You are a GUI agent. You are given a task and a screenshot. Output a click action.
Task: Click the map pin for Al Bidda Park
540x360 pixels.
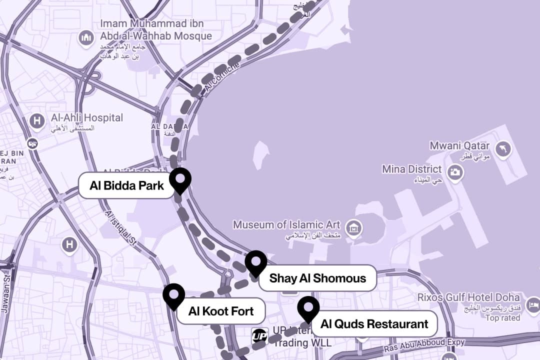tap(180, 179)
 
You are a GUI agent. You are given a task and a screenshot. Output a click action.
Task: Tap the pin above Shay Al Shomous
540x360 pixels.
tap(255, 262)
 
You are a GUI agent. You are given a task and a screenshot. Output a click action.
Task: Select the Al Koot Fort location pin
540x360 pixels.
tap(173, 294)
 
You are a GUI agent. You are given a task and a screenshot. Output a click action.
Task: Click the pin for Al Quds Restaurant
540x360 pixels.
tap(308, 307)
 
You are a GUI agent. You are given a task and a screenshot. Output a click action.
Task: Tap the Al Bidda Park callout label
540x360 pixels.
tap(126, 186)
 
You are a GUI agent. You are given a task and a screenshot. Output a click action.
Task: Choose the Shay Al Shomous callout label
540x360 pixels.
tap(317, 278)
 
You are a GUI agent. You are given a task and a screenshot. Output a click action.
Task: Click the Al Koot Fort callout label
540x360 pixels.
tap(221, 311)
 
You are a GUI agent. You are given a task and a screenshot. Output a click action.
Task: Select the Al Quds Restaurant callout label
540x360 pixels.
tap(374, 324)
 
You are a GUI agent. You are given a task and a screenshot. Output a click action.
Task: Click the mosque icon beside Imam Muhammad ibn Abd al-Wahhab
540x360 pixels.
tap(86, 37)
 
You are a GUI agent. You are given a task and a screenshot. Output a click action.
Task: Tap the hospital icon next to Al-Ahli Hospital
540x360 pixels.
tap(36, 120)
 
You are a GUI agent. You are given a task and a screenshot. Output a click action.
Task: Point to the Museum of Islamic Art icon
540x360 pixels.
tap(354, 228)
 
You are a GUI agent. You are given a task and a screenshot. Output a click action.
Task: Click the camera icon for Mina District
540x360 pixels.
tap(455, 172)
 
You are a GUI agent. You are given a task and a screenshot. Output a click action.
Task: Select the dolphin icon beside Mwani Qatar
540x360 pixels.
tap(502, 148)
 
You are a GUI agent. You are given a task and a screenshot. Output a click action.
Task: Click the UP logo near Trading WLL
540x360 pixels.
tap(259, 335)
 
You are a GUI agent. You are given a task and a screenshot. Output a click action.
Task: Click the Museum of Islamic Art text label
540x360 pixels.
tap(286, 225)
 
